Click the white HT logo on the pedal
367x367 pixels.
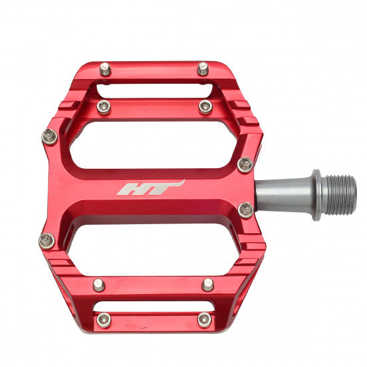pyautogui.click(x=150, y=188)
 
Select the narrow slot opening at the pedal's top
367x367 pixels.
pyautogui.click(x=154, y=90)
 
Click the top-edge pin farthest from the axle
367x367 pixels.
pyautogui.click(x=105, y=68)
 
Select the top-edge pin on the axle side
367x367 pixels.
pyautogui.click(x=203, y=68)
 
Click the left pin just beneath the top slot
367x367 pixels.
pyautogui.click(x=104, y=106)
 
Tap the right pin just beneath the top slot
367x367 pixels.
pyautogui.click(x=205, y=106)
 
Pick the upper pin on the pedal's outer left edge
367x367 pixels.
pyautogui.click(x=49, y=137)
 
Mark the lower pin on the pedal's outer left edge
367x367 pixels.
pyautogui.click(x=47, y=240)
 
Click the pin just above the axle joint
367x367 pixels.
pyautogui.click(x=245, y=164)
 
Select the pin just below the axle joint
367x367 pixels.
pyautogui.click(x=245, y=210)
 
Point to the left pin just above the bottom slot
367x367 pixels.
pyautogui.click(x=99, y=285)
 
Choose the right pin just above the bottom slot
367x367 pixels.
pyautogui.click(x=208, y=285)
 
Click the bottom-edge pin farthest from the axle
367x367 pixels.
pyautogui.click(x=104, y=319)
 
